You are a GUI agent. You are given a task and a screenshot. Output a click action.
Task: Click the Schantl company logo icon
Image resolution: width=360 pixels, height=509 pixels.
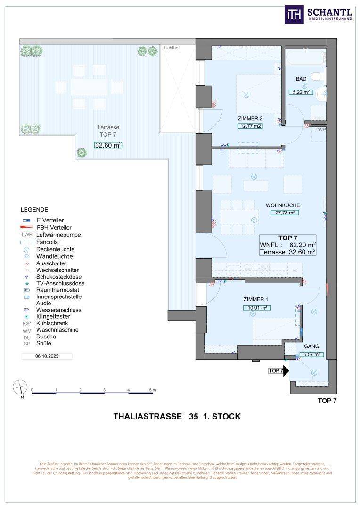tap(293, 14)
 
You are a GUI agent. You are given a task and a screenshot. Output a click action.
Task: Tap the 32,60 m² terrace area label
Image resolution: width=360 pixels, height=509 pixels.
tap(108, 145)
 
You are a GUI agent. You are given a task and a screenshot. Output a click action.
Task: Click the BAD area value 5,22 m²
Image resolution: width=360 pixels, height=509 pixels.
tap(301, 92)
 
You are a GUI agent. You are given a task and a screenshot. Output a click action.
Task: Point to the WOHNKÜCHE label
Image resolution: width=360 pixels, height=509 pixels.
tap(283, 205)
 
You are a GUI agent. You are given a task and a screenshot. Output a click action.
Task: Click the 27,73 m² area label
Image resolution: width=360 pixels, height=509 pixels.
tap(282, 213)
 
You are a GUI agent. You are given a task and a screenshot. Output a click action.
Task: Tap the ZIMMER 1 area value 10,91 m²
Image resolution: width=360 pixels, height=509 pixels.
tap(257, 308)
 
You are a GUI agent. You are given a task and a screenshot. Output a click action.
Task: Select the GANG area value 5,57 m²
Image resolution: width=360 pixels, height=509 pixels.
tap(311, 354)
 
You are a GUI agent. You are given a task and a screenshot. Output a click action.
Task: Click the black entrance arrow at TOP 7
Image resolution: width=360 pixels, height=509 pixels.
tap(286, 371)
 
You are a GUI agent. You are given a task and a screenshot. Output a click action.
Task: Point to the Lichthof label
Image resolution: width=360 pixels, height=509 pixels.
tap(172, 48)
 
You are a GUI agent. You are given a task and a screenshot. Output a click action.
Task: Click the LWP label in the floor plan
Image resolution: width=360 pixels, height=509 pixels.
tap(320, 130)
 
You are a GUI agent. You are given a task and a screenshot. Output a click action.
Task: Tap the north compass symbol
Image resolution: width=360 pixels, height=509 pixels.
tap(20, 387)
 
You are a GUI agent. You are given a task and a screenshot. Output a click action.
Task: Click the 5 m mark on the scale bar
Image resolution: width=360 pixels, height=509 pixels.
tap(151, 390)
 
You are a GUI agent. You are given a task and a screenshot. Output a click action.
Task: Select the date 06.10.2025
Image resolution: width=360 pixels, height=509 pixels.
tap(47, 357)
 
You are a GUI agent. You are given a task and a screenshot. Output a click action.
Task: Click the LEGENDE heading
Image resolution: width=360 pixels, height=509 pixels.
tap(34, 210)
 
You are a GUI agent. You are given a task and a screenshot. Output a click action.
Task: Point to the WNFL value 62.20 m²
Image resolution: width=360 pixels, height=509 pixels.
tap(301, 245)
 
